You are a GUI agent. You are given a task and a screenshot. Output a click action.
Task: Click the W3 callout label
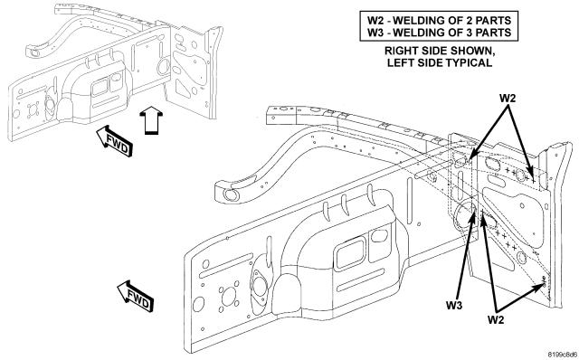coord(454,306)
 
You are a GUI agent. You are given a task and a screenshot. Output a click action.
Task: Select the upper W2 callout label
coord(508,99)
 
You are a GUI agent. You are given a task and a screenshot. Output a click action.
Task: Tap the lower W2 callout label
coord(496,319)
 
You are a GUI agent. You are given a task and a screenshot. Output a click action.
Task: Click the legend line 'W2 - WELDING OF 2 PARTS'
coord(439,20)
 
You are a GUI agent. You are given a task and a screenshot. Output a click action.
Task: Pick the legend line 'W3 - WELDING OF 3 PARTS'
coord(439,33)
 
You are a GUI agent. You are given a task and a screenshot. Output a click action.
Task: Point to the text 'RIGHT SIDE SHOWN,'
coord(440,51)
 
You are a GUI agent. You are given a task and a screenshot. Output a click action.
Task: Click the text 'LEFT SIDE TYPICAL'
coord(440,62)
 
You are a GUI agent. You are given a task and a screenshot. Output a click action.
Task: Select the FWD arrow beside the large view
coord(135,297)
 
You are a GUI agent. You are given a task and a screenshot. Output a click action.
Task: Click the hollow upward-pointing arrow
coord(150,120)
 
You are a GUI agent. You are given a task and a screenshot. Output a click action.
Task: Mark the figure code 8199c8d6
coord(562,355)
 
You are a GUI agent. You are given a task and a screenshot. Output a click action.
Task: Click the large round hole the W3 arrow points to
coord(466,217)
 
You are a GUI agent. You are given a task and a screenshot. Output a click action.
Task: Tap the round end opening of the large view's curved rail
coord(231,194)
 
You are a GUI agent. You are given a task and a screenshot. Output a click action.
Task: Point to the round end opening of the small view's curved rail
coord(34,52)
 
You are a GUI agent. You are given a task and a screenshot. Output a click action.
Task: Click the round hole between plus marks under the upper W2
coord(520,175)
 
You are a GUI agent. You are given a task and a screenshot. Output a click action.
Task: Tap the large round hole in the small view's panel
coord(163,66)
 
